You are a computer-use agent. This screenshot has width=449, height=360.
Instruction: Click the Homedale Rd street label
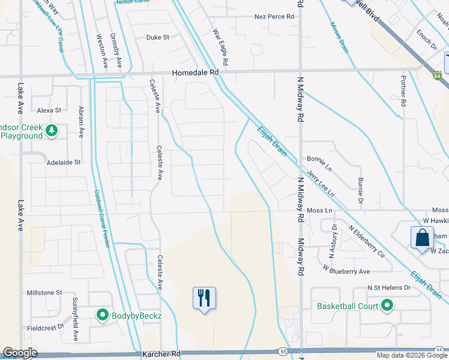(x=196, y=71)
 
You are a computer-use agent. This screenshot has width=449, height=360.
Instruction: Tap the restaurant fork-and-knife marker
(x=204, y=298)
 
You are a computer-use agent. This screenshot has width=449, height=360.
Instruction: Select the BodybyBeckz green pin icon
(x=102, y=314)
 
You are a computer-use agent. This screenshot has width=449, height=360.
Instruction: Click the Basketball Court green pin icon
(x=388, y=306)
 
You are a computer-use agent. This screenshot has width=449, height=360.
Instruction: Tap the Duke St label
(x=158, y=37)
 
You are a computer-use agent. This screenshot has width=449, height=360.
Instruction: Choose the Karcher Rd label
(x=161, y=354)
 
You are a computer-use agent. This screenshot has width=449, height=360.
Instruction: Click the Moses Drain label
(x=339, y=38)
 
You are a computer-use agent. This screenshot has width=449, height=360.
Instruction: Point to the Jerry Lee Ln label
(x=320, y=182)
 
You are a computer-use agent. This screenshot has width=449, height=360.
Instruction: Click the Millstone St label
(x=44, y=292)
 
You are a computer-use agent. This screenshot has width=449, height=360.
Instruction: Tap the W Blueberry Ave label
(x=346, y=271)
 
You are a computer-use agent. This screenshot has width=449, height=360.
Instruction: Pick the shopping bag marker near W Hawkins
(x=422, y=236)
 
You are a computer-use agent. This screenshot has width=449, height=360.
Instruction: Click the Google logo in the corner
(x=20, y=353)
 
